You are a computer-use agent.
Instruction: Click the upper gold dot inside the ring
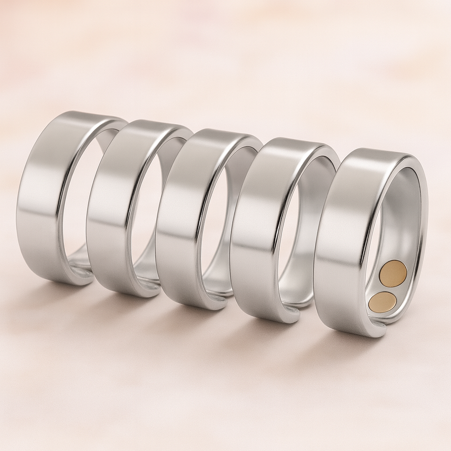(393, 273)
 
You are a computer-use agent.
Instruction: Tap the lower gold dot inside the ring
(382, 302)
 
